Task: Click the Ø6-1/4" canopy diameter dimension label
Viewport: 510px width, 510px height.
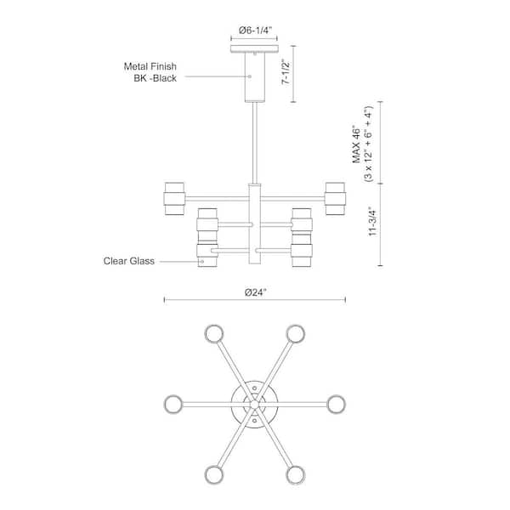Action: click(x=255, y=31)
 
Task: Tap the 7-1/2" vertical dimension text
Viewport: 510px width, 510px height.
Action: click(x=286, y=72)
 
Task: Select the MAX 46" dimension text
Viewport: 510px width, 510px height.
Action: click(x=357, y=144)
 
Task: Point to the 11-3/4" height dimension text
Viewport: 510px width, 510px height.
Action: click(x=372, y=221)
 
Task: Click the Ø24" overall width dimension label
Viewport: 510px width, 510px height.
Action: click(x=256, y=292)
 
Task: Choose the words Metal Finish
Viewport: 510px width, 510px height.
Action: click(x=150, y=66)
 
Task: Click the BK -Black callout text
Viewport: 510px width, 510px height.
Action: click(x=156, y=78)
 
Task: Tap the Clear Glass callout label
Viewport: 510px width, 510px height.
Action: click(x=129, y=261)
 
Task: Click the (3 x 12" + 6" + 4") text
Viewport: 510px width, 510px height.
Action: click(x=369, y=144)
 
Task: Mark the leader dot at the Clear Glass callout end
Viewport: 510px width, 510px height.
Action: click(x=202, y=262)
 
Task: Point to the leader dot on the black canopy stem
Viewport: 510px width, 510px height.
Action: click(x=250, y=76)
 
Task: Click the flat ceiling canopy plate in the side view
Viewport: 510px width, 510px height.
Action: click(x=254, y=48)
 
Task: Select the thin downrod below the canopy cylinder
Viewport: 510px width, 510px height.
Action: click(x=255, y=143)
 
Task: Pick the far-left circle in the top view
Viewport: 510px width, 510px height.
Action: click(x=173, y=405)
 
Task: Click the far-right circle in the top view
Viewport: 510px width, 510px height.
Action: click(x=336, y=405)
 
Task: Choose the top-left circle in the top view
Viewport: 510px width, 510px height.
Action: click(x=214, y=334)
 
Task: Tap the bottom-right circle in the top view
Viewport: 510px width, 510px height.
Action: click(x=295, y=475)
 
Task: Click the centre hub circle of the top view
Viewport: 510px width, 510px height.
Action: click(x=255, y=405)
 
